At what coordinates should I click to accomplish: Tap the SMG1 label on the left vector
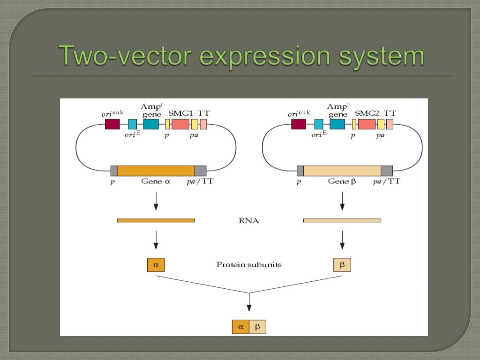pos(180,113)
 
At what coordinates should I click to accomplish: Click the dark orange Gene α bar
pos(156,171)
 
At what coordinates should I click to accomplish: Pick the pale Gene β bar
pos(342,171)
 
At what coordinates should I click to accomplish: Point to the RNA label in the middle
pos(249,220)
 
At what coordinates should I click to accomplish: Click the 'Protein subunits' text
pos(249,265)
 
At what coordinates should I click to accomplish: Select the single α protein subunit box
pos(156,265)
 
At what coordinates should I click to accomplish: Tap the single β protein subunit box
pos(342,265)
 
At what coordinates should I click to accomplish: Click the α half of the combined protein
pos(240,327)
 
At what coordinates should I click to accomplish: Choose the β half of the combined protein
pos(257,327)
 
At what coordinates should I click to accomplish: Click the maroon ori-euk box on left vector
pos(112,124)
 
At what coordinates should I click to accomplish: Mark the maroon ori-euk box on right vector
pos(299,124)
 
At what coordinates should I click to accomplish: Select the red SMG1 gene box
pos(180,124)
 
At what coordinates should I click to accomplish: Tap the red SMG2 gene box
pos(367,124)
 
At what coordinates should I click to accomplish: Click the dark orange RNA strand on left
pos(156,220)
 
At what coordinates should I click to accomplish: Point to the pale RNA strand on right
pos(342,220)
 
